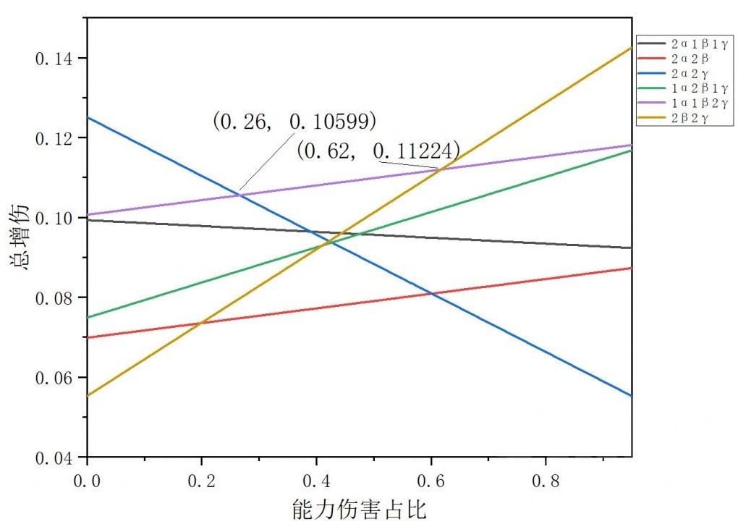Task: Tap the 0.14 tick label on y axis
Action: (53, 58)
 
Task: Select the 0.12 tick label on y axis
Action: (53, 138)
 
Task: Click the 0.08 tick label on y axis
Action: (53, 297)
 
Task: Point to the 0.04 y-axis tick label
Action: (53, 457)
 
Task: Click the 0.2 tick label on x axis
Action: (201, 479)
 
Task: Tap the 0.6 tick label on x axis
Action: (430, 479)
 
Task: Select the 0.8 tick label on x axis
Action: (545, 479)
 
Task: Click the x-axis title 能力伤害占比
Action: (359, 510)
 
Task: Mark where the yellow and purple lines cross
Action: (441, 169)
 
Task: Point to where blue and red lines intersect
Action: (433, 293)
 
